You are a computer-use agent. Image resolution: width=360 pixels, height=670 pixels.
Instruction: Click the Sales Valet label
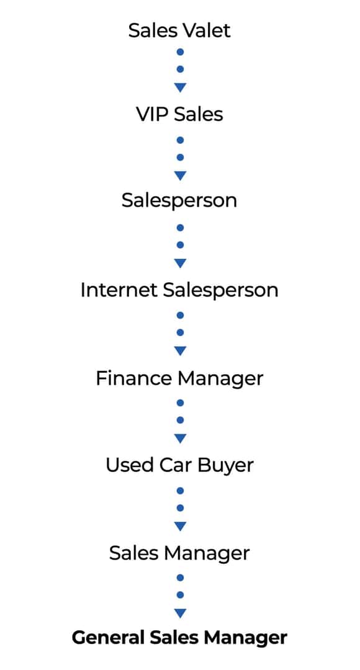(x=179, y=30)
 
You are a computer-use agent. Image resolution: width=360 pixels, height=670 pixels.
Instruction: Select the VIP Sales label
(x=179, y=114)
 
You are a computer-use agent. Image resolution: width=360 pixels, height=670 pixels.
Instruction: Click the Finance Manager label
(x=179, y=378)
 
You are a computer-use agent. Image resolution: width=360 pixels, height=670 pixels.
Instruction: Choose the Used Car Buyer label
(x=179, y=465)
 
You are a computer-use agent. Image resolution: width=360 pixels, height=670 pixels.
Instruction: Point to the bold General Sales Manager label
(x=179, y=638)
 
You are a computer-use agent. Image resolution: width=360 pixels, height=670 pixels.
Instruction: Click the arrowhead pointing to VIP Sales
(x=180, y=87)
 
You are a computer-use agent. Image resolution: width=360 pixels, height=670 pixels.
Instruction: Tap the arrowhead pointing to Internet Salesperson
(x=180, y=263)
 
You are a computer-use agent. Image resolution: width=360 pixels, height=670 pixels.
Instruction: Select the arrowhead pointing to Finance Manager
(x=180, y=351)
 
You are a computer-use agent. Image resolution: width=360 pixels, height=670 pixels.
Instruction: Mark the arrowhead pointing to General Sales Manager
(x=180, y=614)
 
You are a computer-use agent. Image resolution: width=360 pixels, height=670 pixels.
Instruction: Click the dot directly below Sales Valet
(x=180, y=52)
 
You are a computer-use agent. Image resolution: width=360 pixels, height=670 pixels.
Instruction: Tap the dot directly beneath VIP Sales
(x=180, y=140)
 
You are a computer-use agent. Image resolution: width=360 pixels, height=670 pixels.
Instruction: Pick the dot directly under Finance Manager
(x=180, y=403)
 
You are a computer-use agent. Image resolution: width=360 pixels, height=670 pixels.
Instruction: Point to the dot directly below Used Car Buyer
(x=180, y=491)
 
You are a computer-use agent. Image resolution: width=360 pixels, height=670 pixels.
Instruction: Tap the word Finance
(x=132, y=378)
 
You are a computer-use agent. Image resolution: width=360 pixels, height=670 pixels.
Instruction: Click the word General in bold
(x=108, y=638)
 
